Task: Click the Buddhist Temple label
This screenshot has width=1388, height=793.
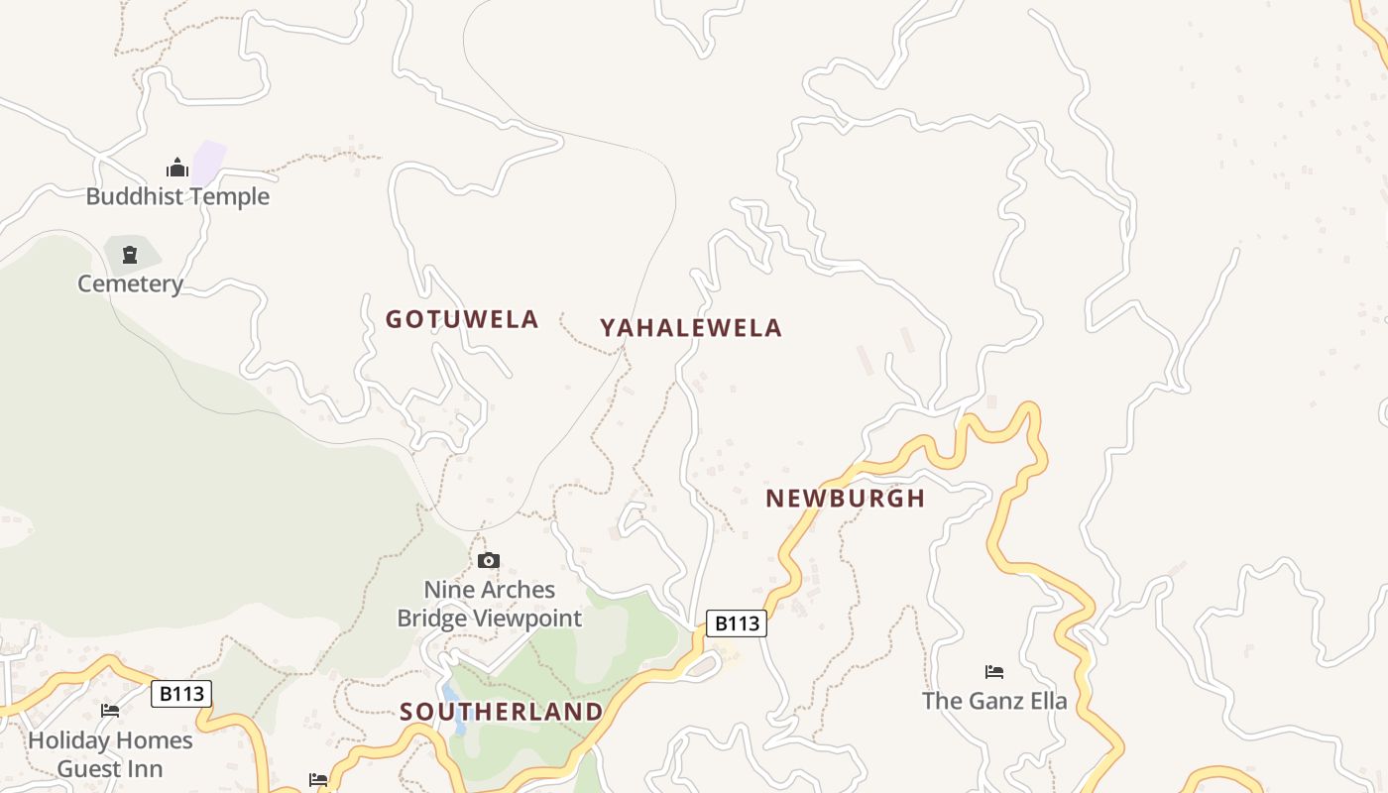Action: coord(177,196)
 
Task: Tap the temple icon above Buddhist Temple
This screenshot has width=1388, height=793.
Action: coord(177,168)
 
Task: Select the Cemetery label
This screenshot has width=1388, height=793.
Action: coord(131,284)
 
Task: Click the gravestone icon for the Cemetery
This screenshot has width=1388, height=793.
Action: coord(129,256)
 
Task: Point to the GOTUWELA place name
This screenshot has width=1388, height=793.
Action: coord(462,319)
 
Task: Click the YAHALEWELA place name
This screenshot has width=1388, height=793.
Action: coord(691,328)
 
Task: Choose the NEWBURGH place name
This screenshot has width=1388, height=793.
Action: coord(845,499)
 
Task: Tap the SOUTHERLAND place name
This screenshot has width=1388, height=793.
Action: coord(502,712)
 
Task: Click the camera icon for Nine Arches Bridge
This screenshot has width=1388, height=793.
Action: coord(489,561)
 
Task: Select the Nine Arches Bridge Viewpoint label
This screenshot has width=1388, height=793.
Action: coord(490,604)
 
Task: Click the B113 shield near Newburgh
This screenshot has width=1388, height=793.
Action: coord(737,623)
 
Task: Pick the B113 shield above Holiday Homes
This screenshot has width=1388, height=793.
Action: coord(181,694)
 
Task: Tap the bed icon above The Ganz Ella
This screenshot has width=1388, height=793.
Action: coord(994,672)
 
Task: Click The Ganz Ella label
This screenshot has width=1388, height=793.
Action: coord(994,702)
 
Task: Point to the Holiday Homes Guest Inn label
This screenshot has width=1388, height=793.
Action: coord(110,754)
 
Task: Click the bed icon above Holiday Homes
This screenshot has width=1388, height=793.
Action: coord(110,711)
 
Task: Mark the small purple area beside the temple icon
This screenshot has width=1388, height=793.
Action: coord(209,161)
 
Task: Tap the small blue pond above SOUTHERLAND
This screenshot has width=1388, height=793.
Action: coord(455,710)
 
